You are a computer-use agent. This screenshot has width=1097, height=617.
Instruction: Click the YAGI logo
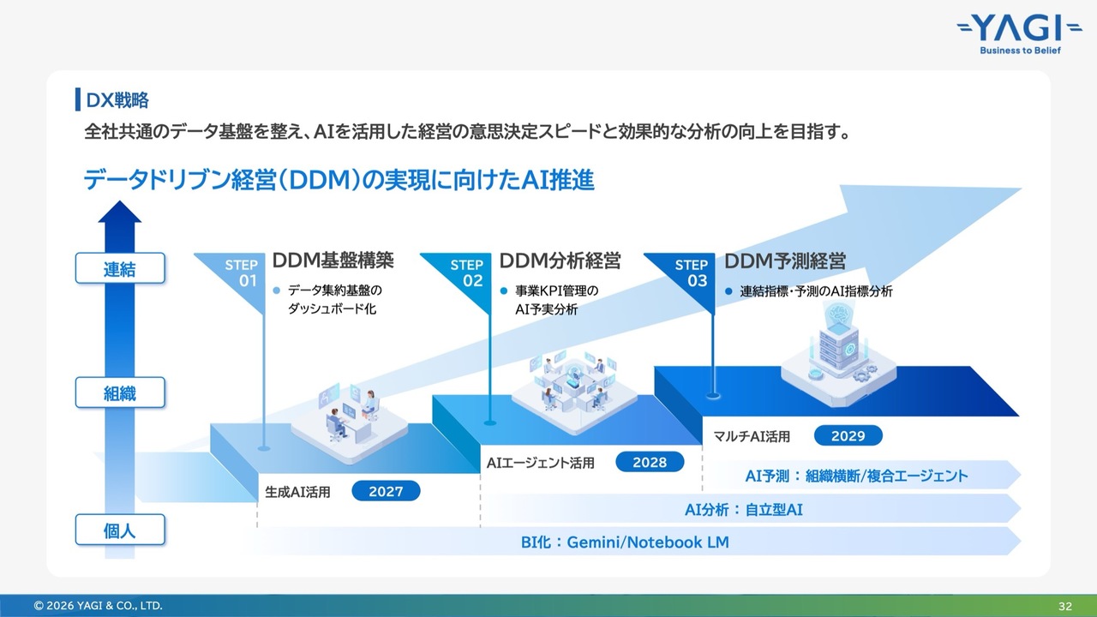[x=1020, y=35]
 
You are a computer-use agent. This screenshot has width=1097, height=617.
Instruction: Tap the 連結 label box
[x=120, y=268]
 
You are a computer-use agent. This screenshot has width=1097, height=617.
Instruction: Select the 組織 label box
[x=120, y=392]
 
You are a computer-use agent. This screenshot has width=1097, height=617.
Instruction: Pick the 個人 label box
[x=120, y=530]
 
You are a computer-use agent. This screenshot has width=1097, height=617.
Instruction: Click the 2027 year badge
[x=386, y=491]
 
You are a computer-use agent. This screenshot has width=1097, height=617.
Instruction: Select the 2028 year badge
[x=650, y=462]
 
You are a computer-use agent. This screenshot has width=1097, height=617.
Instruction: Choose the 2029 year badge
[x=848, y=435]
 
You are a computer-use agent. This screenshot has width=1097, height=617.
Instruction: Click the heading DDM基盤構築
[x=333, y=261]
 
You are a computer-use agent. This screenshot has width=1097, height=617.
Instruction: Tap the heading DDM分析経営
[x=560, y=261]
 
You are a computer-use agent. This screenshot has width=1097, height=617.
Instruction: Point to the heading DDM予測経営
[x=785, y=261]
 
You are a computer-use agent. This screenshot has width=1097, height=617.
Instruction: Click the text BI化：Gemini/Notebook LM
[x=625, y=542]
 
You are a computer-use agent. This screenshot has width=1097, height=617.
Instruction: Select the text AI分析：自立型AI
[x=743, y=510]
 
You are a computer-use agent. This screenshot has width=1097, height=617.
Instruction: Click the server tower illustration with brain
[x=838, y=352]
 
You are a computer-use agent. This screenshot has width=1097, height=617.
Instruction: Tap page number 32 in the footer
[x=1065, y=606]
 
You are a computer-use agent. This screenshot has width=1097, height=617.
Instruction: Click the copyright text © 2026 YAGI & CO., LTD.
[x=98, y=606]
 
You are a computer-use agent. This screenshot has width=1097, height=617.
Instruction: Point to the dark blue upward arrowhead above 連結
[x=120, y=212]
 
